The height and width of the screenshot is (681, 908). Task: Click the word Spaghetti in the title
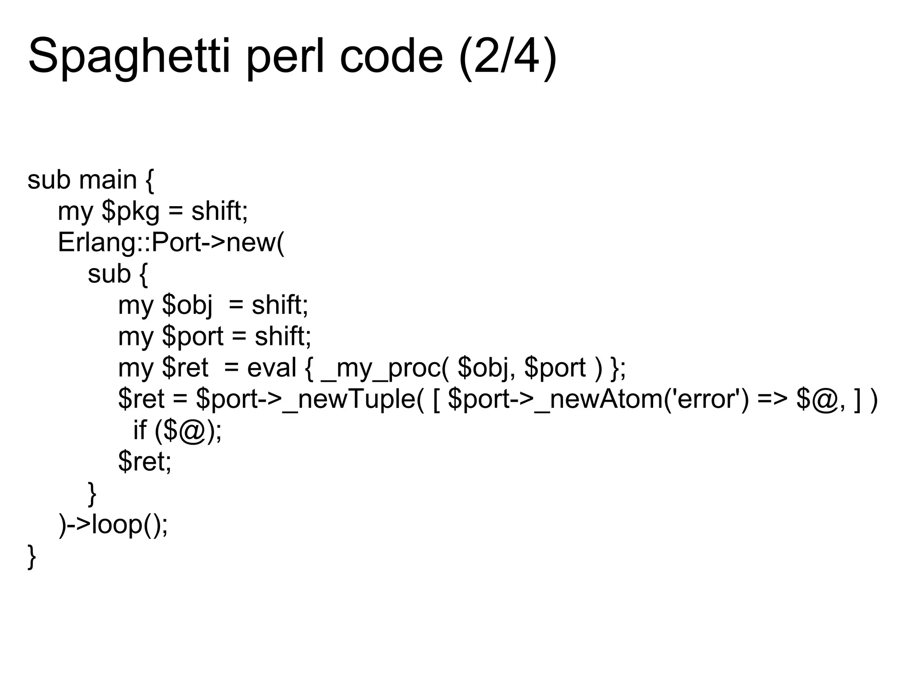tap(129, 57)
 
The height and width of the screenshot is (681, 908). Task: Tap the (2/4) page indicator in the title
tap(508, 57)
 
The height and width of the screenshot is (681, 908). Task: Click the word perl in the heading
tap(288, 57)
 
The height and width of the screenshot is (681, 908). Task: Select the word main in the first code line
tap(108, 180)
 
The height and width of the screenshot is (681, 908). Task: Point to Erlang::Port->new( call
tap(171, 243)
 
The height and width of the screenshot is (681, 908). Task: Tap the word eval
tap(271, 368)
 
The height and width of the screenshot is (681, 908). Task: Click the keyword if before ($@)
tap(140, 430)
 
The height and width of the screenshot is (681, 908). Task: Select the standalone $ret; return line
tap(145, 462)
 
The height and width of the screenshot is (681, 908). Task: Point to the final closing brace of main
tap(31, 556)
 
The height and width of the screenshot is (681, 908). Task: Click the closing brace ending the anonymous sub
tap(92, 493)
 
